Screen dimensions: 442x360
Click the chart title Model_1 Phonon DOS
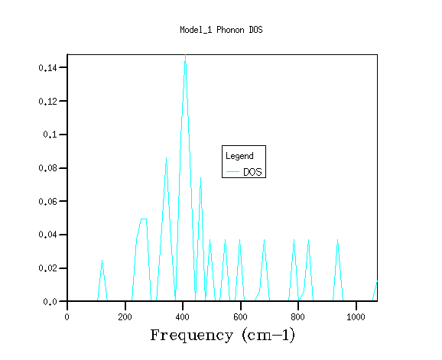point(221,30)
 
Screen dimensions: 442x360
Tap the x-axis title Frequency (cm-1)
point(223,336)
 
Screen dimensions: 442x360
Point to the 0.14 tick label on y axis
point(47,68)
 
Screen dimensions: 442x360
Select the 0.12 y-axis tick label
point(47,101)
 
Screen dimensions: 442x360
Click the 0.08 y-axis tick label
point(47,168)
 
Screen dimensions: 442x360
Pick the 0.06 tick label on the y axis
point(47,202)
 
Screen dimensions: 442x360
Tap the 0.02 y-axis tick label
point(47,268)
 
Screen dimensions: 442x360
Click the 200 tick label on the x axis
point(125,317)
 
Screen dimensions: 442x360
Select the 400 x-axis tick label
point(182,317)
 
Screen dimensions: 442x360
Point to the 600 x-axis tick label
point(240,317)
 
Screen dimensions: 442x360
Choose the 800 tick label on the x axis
point(298,317)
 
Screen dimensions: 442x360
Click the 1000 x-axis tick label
point(356,317)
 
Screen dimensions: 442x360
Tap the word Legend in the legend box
point(239,156)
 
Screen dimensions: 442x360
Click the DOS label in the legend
point(252,172)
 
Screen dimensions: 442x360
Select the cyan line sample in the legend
point(232,171)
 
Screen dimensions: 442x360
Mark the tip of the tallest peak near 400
point(185,54)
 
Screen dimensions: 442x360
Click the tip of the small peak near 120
point(102,261)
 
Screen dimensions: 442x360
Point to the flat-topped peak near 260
point(144,219)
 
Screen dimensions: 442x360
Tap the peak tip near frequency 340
point(166,158)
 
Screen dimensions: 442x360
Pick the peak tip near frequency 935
point(337,240)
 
